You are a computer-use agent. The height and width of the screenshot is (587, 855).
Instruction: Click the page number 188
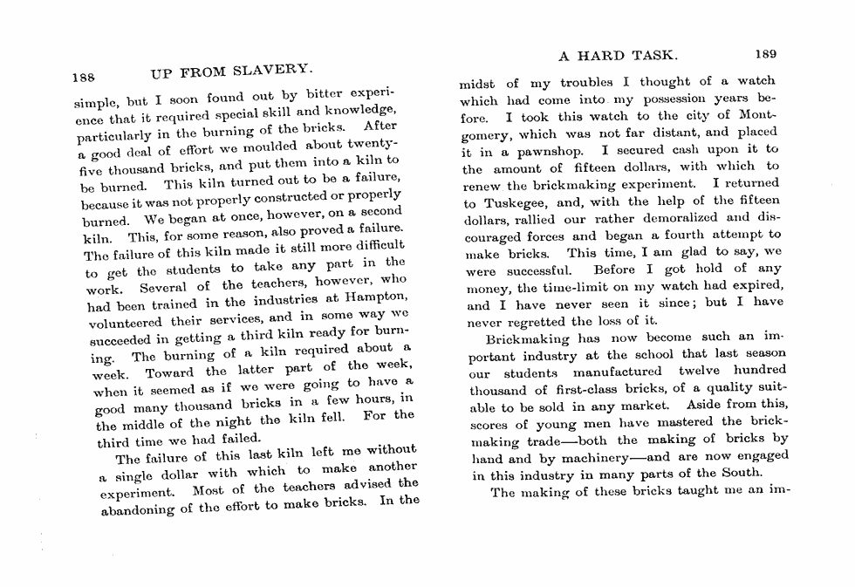coord(85,74)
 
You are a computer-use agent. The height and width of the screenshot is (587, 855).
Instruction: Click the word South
coord(742,473)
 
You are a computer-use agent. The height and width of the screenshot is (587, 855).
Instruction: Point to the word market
coord(644,406)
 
